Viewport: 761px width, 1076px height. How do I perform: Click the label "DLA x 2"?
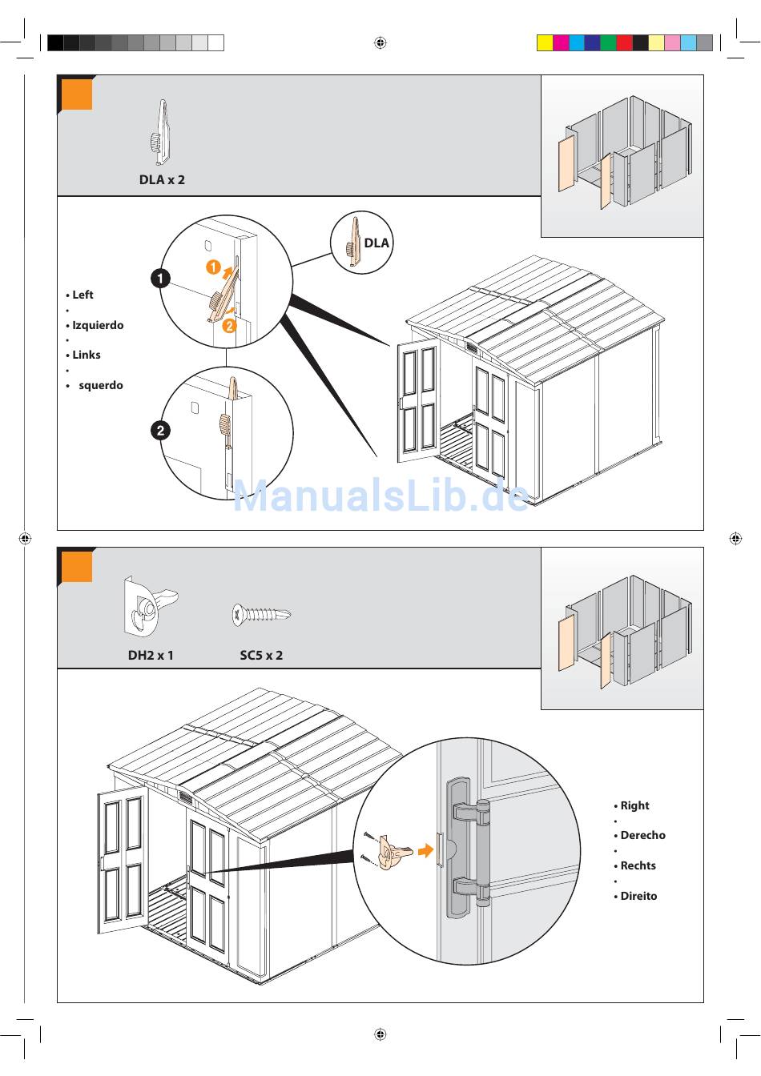pos(162,180)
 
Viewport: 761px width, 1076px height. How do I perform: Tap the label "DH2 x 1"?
pos(151,656)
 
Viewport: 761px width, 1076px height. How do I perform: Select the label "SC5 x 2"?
pos(261,656)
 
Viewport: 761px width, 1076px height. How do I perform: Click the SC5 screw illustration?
pos(261,615)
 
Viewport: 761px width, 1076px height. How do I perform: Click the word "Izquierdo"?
pos(98,326)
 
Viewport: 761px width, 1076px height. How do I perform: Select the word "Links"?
pos(87,355)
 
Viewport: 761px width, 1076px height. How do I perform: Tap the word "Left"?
pos(83,295)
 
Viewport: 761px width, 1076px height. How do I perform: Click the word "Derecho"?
pos(642,836)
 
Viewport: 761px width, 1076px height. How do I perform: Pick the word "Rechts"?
pos(638,866)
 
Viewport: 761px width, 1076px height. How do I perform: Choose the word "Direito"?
pos(638,897)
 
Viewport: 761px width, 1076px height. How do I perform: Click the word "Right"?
pos(634,806)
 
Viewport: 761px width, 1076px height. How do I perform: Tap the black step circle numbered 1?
pos(160,279)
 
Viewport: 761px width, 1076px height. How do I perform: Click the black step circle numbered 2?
pos(160,431)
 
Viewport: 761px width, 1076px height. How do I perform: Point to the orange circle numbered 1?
pos(213,267)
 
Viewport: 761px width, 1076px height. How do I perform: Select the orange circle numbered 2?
pos(229,325)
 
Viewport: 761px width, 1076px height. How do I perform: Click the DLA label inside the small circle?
pos(376,243)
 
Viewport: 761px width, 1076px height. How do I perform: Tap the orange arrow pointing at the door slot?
pos(425,851)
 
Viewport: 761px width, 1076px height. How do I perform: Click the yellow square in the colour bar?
pos(545,43)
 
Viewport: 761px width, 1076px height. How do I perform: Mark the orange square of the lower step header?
pos(78,568)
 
